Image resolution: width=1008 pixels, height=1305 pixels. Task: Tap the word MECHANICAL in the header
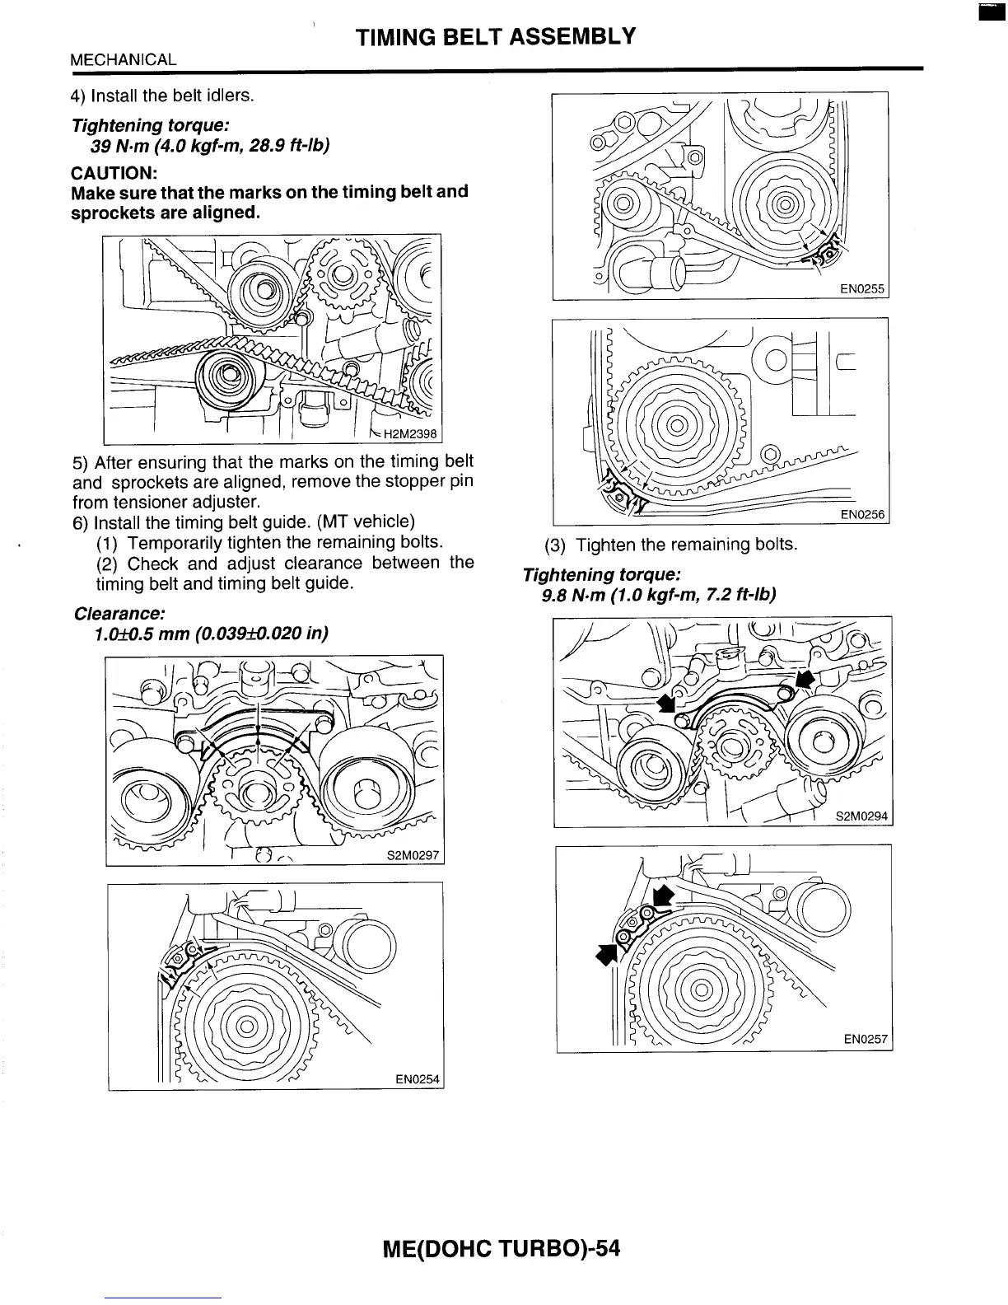pyautogui.click(x=123, y=59)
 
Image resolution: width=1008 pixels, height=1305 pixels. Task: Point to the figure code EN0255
pyautogui.click(x=861, y=289)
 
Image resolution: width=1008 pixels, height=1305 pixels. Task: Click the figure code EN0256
pyautogui.click(x=861, y=515)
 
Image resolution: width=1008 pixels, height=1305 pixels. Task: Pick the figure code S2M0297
pyautogui.click(x=413, y=855)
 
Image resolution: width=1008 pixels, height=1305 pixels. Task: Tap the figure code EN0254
pyautogui.click(x=417, y=1078)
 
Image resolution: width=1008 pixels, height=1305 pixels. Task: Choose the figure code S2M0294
pyautogui.click(x=861, y=816)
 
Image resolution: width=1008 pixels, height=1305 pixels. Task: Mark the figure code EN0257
pyautogui.click(x=866, y=1040)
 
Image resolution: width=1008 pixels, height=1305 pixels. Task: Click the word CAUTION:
pyautogui.click(x=113, y=172)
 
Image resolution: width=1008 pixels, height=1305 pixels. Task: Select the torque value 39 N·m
pyautogui.click(x=123, y=146)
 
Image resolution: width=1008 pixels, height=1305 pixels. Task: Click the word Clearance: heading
pyautogui.click(x=119, y=614)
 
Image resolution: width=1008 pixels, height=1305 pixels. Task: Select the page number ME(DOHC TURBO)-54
pyautogui.click(x=501, y=1249)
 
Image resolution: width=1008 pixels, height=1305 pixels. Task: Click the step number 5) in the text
pyautogui.click(x=80, y=462)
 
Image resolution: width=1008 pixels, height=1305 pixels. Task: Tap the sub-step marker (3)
pyautogui.click(x=557, y=545)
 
